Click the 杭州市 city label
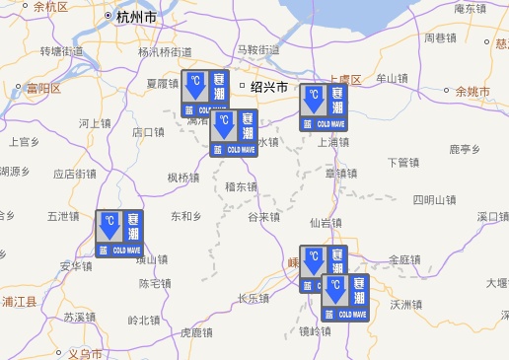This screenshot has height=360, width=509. pyautogui.click(x=135, y=17)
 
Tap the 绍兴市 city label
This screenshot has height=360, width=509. pyautogui.click(x=268, y=86)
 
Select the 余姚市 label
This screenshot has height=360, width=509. pyautogui.click(x=479, y=92)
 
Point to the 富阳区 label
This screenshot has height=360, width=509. pyautogui.click(x=44, y=89)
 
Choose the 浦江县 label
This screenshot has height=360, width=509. pyautogui.click(x=19, y=301)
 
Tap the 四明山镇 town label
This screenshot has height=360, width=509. pyautogui.click(x=434, y=200)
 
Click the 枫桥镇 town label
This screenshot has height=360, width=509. pyautogui.click(x=183, y=178)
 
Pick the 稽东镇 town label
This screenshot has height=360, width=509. pyautogui.click(x=242, y=186)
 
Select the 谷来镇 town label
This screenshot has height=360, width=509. pyautogui.click(x=264, y=217)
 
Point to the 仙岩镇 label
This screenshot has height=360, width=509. pyautogui.click(x=327, y=223)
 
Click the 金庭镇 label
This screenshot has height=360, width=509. pyautogui.click(x=404, y=260)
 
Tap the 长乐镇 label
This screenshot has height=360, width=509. pyautogui.click(x=254, y=298)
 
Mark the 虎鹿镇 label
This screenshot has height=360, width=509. pyautogui.click(x=197, y=333)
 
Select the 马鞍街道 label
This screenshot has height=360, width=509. pyautogui.click(x=258, y=49)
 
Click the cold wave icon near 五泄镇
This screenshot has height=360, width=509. pyautogui.click(x=119, y=235)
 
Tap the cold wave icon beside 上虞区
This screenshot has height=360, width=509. pyautogui.click(x=325, y=108)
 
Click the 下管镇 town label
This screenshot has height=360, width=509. pyautogui.click(x=403, y=162)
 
